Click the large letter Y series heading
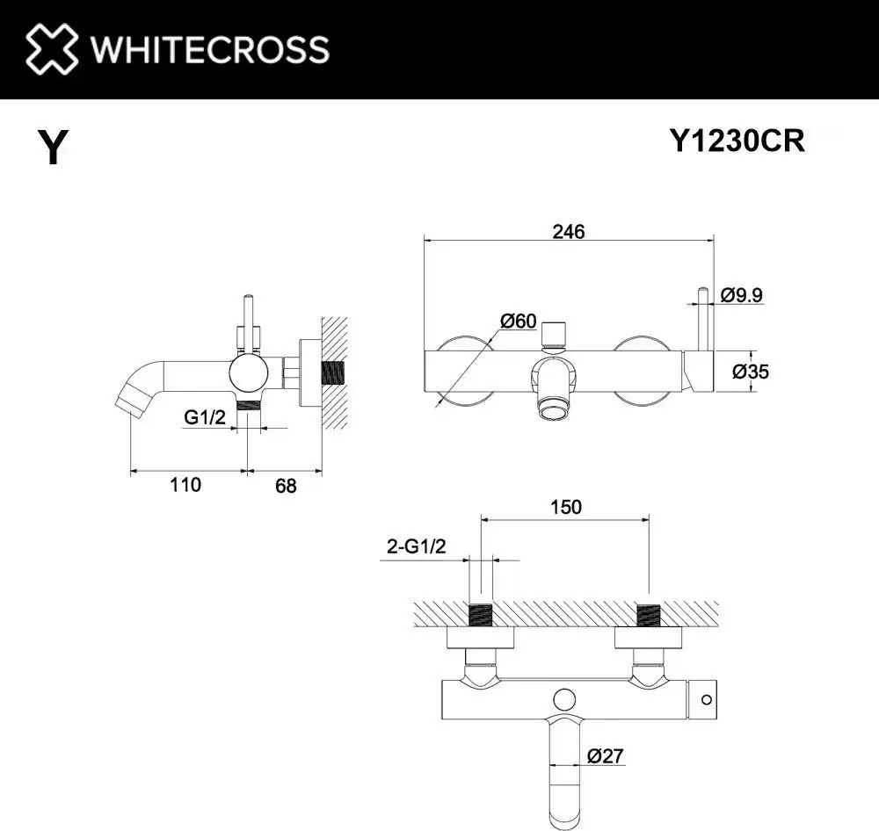pos(54,147)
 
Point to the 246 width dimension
pos(568,231)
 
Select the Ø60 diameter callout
pos(519,321)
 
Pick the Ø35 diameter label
pos(751,372)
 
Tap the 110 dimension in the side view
pos(186,484)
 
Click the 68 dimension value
pos(286,485)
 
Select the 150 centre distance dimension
pos(566,507)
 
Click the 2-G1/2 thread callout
pos(417,546)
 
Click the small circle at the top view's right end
pos(705,700)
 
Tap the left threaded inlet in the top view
pos(481,615)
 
